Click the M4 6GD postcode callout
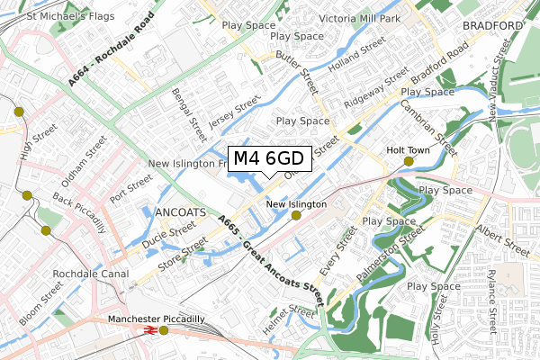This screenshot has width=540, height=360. coord(270,159)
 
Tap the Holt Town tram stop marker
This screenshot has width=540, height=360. coord(409,161)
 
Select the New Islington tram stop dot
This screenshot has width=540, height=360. coord(296,215)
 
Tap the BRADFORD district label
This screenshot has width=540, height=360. coord(492,27)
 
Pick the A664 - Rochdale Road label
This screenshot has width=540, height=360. coord(105,55)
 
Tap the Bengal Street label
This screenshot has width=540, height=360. coord(196,111)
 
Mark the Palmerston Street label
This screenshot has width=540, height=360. coord(388,253)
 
